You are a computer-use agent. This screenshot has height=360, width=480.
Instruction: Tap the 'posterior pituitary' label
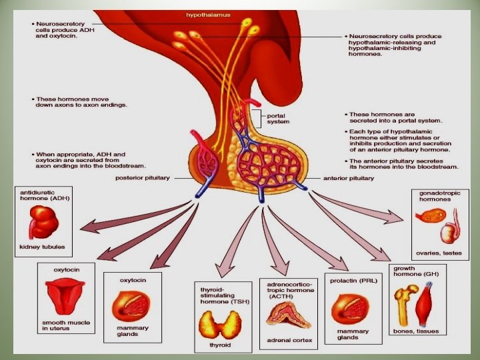tap(143, 178)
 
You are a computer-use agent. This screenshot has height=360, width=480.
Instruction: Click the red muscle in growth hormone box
tap(426, 307)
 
